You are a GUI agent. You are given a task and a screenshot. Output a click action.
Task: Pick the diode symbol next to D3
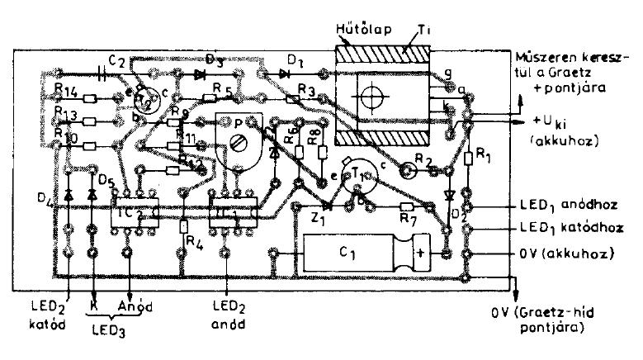coord(198,74)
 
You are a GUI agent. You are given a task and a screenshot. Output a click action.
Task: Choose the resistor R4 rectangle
coord(183,225)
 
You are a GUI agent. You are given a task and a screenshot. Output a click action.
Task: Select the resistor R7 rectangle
coord(406,206)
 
